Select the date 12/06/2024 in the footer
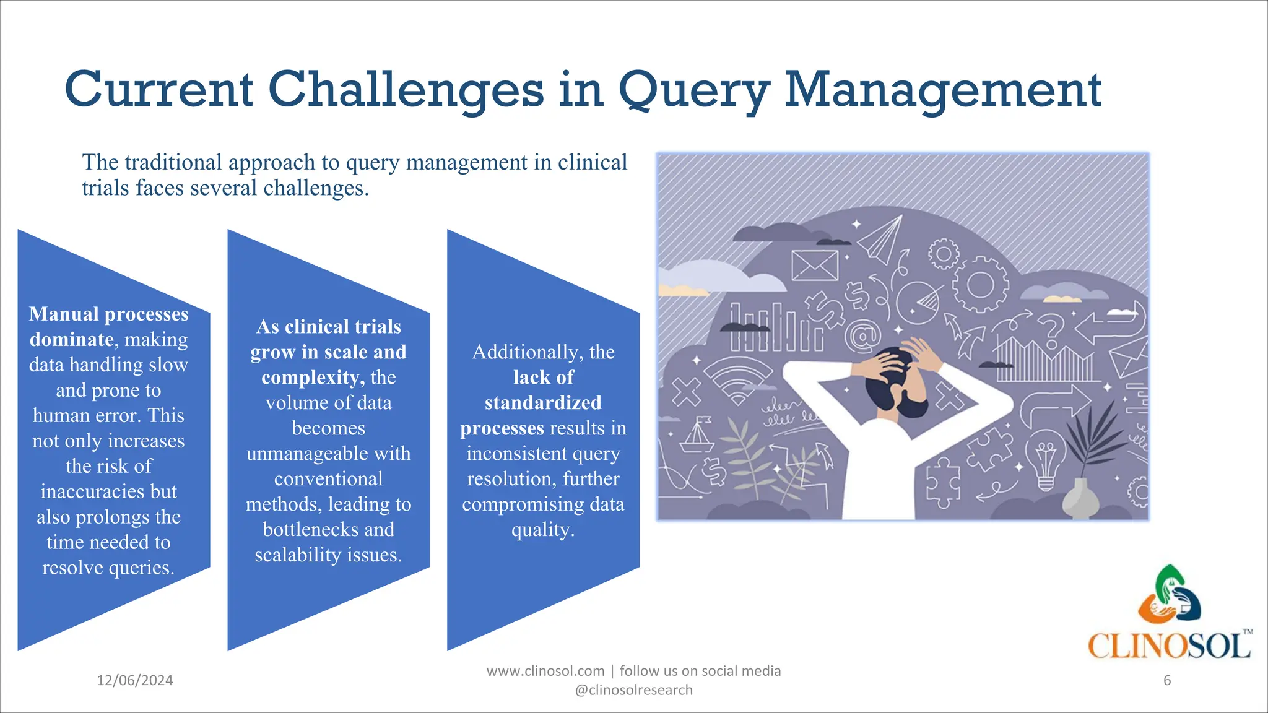pos(134,680)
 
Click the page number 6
pos(1167,680)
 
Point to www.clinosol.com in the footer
pos(545,671)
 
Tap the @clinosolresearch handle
pos(633,690)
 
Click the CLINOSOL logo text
pos(1169,646)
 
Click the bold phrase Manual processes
pos(108,314)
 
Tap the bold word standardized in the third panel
pos(543,402)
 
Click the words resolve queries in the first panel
pos(108,567)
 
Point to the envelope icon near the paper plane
pos(814,265)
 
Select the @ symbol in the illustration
pos(862,337)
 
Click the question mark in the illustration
pos(1051,331)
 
